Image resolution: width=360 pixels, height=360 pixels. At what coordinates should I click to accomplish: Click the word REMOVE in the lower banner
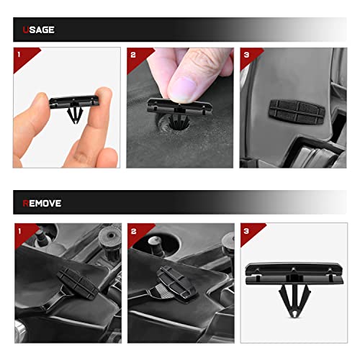pos(42,203)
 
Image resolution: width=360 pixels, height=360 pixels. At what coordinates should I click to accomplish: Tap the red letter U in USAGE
pos(25,30)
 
